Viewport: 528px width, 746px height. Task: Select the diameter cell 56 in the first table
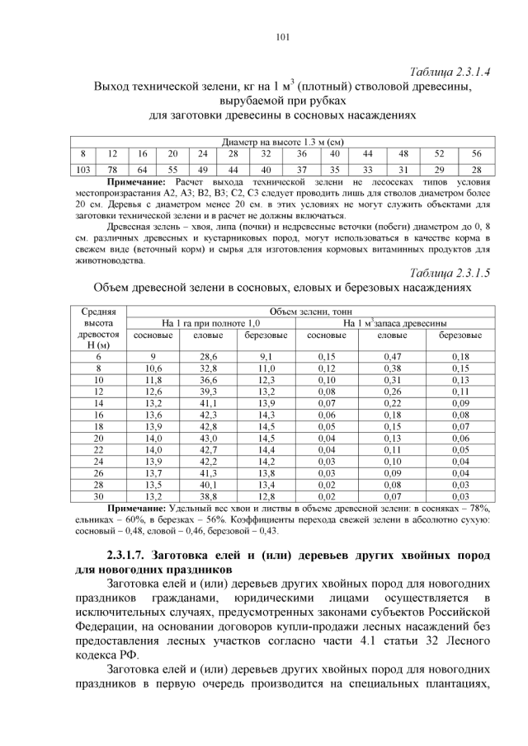476,154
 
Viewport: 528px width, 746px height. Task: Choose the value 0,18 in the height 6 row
460,355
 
